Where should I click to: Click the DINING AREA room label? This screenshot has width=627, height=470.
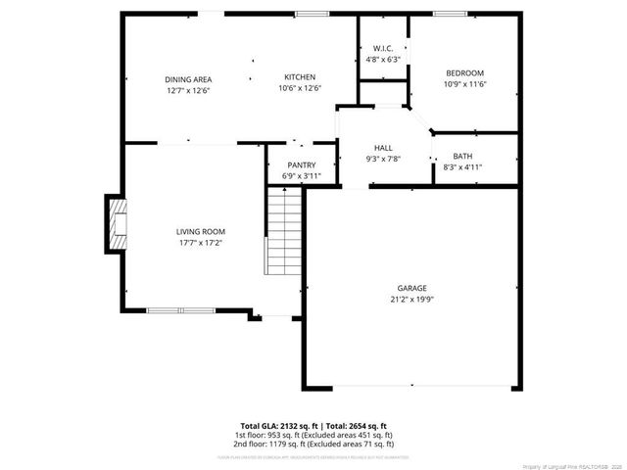point(188,79)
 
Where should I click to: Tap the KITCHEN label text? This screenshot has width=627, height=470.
point(300,77)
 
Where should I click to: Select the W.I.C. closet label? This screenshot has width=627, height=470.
point(383,49)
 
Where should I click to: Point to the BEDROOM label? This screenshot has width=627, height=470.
point(464,72)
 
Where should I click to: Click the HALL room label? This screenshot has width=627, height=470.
point(383,147)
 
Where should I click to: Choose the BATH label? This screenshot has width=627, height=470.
point(462,157)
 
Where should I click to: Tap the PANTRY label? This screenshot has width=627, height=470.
point(301,165)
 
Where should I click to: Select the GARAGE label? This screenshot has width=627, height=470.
point(411,288)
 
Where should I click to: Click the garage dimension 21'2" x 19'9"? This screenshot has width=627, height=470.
point(411,300)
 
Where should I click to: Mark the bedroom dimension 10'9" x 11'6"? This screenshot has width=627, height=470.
point(464,84)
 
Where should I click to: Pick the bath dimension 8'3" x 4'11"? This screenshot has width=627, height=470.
point(462,167)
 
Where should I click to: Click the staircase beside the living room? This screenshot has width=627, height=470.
point(283,233)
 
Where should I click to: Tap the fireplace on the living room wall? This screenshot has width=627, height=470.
point(117,224)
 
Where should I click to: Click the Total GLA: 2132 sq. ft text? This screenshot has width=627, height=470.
point(274,425)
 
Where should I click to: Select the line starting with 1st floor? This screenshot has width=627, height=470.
point(313,435)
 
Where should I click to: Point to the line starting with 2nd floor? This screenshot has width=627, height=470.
point(313,445)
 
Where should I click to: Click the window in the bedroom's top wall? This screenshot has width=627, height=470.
point(450,14)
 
